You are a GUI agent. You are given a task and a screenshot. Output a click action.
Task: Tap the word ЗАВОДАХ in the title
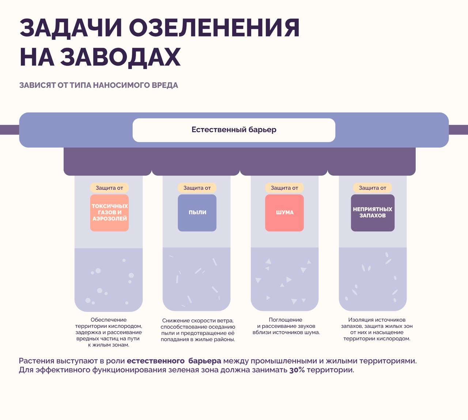[x=120, y=57]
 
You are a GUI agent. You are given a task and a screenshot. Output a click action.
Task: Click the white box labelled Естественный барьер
[x=234, y=130]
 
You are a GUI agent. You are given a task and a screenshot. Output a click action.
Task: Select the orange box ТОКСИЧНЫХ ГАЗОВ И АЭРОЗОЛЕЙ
[x=109, y=213]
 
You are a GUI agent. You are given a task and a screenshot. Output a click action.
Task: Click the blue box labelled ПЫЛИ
[x=197, y=213]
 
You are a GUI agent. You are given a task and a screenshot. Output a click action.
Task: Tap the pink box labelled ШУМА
[x=284, y=213]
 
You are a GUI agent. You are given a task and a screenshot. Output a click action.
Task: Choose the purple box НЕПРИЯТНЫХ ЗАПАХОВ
[x=373, y=213]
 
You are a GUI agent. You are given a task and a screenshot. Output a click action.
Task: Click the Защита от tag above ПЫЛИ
[x=197, y=188]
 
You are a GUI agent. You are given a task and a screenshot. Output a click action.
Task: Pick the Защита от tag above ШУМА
[x=284, y=188]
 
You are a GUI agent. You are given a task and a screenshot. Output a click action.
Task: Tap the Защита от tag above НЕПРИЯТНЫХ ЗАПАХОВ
[x=373, y=188]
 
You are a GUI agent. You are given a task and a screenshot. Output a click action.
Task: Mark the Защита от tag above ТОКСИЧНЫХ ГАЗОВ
[x=109, y=188]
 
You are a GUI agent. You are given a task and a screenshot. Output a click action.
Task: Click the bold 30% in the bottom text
[x=297, y=370]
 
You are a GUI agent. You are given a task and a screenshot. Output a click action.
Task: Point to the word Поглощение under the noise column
[x=286, y=320]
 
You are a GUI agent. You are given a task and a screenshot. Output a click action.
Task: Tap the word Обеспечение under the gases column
[x=109, y=320]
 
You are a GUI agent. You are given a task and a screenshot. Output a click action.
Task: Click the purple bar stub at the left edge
[x=10, y=130]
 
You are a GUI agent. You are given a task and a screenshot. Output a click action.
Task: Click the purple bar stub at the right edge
[x=458, y=130]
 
